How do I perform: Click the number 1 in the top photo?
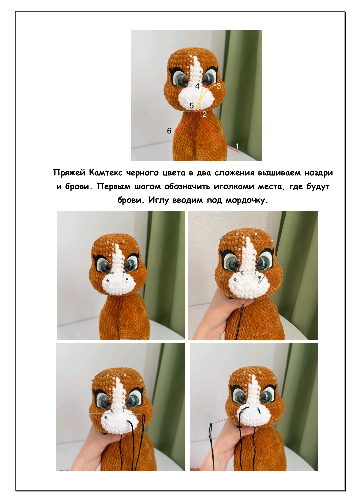tap(237, 146)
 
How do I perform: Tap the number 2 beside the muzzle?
tap(204, 114)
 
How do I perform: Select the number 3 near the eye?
tap(219, 86)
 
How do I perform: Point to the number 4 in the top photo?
tap(197, 86)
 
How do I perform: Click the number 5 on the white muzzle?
tap(192, 105)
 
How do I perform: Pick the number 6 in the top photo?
tap(169, 131)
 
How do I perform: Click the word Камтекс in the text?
tap(106, 173)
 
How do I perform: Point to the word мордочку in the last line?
tap(247, 201)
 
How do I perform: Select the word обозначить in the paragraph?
tap(187, 187)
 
